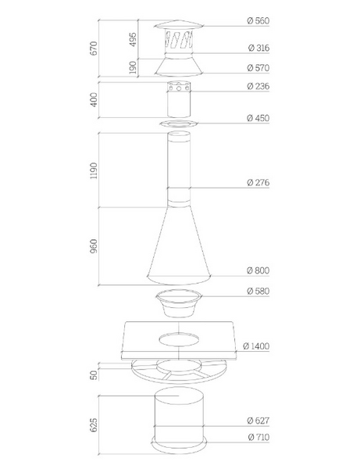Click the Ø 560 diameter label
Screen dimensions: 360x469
[x=258, y=20]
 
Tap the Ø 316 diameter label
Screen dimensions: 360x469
[x=258, y=48]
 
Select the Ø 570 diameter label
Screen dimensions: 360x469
[x=258, y=67]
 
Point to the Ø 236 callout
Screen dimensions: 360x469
[x=258, y=86]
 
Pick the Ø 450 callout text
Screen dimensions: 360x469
[x=258, y=118]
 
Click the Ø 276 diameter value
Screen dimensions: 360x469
[x=258, y=182]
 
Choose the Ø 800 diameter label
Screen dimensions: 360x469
[x=258, y=270]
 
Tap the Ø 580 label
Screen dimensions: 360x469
[x=258, y=291]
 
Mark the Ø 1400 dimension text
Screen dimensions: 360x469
[x=256, y=346]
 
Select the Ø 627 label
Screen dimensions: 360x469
[x=258, y=421]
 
